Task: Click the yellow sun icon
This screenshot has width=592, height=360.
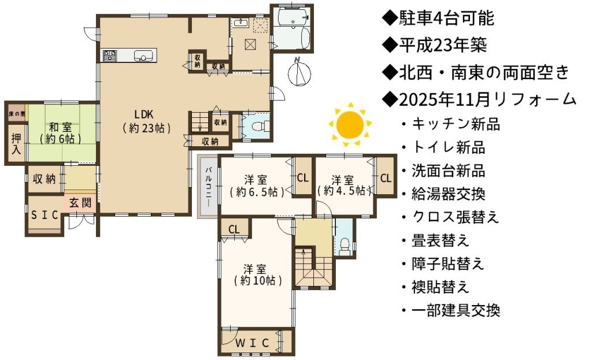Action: coord(350,124)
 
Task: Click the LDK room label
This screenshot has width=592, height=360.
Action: coord(147,121)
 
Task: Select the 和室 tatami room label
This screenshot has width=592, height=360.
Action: coord(60,133)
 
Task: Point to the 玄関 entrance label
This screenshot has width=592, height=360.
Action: coord(80,203)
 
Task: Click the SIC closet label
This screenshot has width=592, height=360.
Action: coord(45,215)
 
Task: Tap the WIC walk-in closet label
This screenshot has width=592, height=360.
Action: coord(252,343)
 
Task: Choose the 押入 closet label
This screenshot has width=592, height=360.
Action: coord(16,143)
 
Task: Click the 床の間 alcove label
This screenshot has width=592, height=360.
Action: coord(17,114)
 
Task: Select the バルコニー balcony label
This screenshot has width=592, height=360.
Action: coord(208,186)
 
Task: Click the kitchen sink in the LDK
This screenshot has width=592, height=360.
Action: coord(143,56)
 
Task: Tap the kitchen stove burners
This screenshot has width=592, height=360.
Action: coord(110,55)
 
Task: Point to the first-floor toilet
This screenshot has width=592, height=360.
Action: coord(261,125)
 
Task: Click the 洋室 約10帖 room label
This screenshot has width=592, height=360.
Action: coord(257,275)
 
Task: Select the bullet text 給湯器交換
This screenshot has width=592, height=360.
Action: coord(448,194)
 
